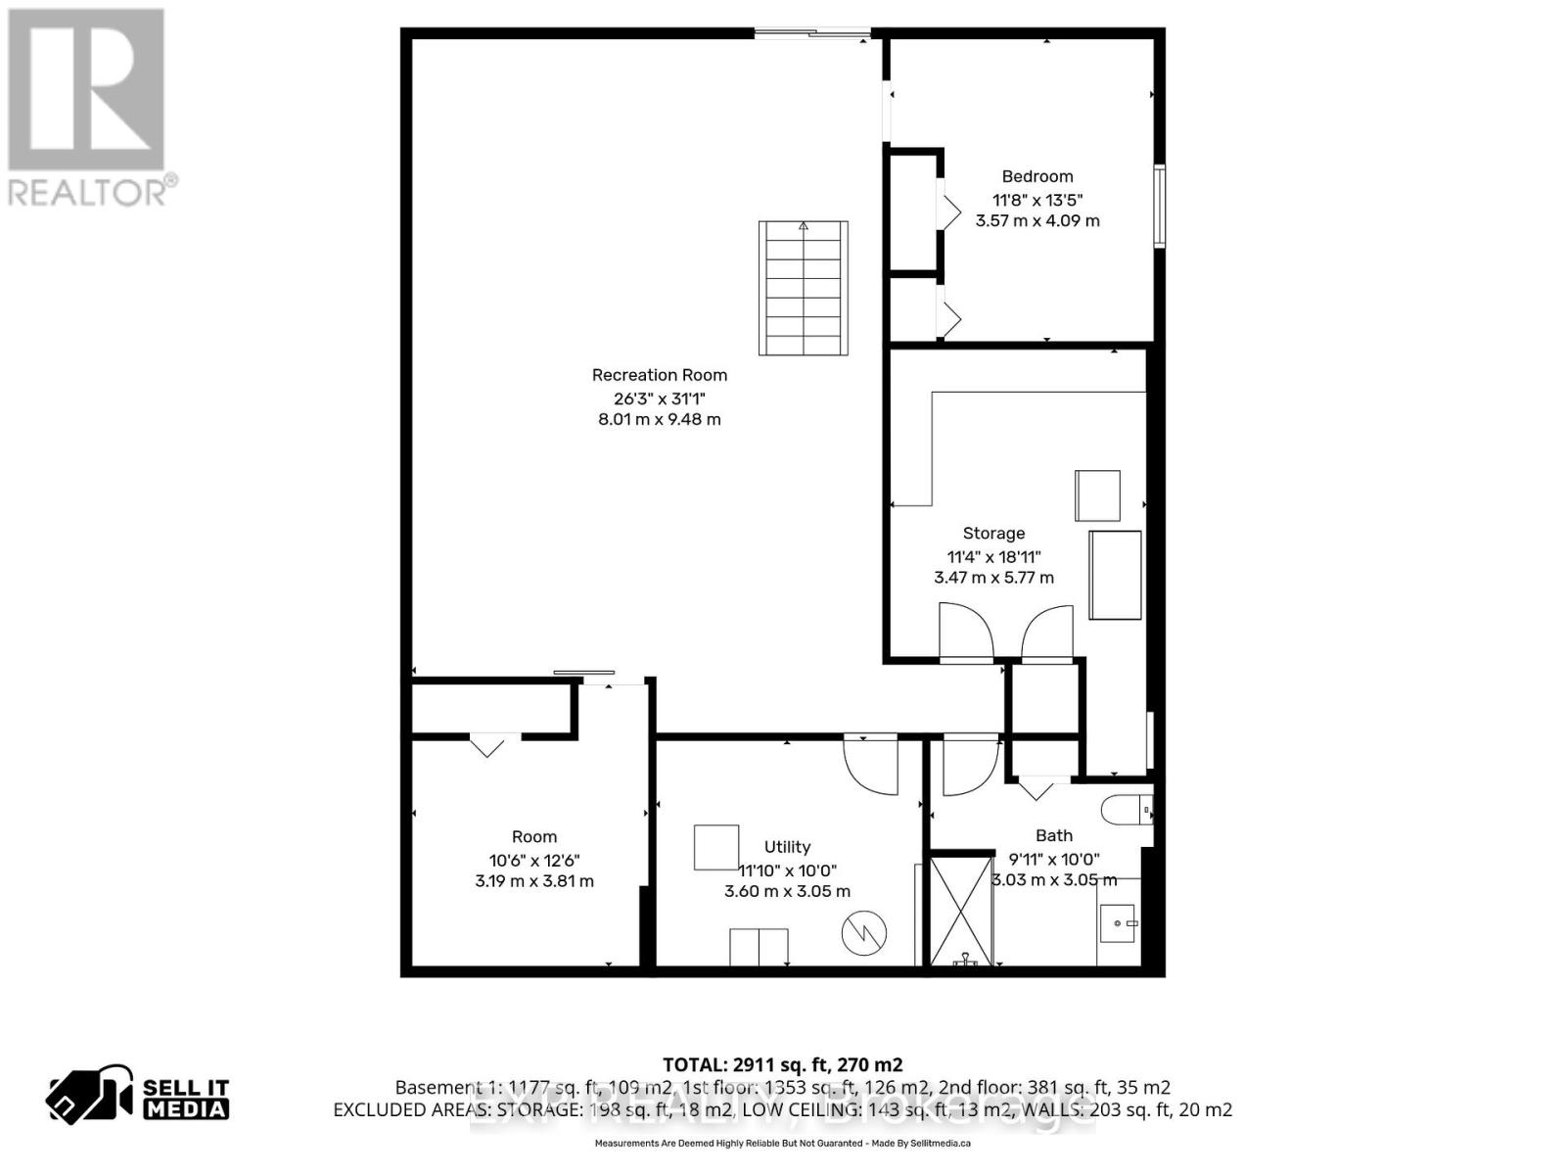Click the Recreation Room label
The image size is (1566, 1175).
coord(659,375)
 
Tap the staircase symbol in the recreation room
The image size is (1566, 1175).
coord(803,288)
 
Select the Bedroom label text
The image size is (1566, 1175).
coord(1036,176)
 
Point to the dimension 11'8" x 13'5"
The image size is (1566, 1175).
coord(1036,199)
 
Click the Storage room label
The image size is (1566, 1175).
coord(993,534)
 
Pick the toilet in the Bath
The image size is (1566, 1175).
coord(1126,811)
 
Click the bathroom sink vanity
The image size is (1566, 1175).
coord(1118,922)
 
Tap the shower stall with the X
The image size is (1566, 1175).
coord(960,911)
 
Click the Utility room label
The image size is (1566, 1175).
coord(787,847)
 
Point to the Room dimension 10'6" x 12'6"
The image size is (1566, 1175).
coord(534,860)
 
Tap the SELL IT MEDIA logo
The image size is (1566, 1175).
coord(138,1098)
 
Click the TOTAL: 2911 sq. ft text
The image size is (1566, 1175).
coord(782,1065)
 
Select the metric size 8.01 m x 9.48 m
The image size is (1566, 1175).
coord(659,420)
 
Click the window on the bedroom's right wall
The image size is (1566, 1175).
coord(1159,206)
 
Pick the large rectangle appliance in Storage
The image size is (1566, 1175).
coord(1115,575)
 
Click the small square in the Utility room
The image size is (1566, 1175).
coord(716,847)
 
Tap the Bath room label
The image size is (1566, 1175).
coord(1054,835)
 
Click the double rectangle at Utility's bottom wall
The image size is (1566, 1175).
coord(759,947)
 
